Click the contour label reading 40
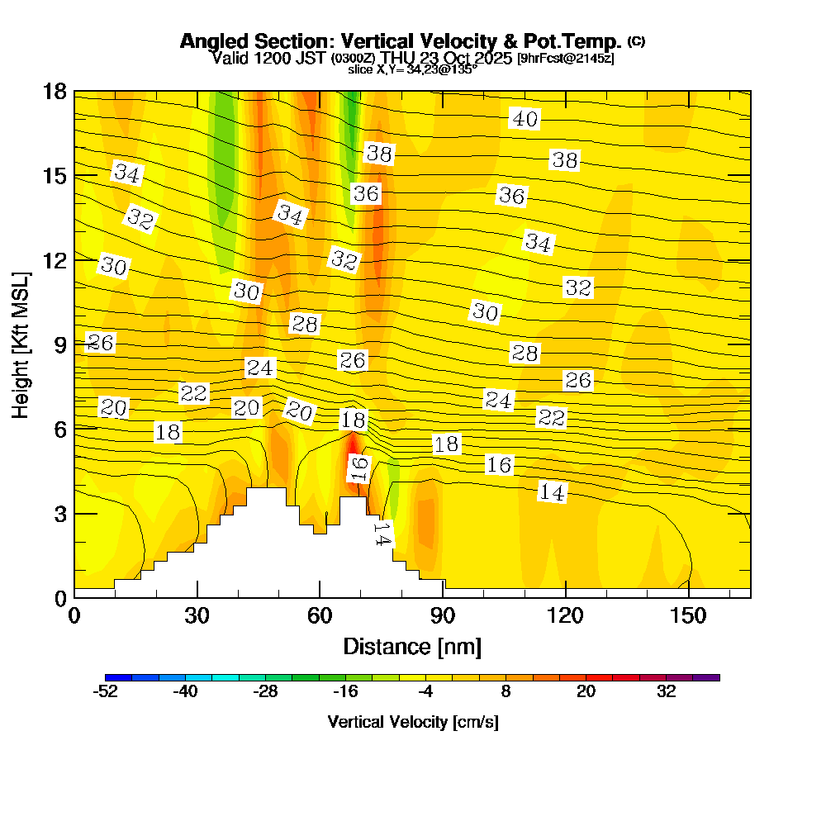point(525,119)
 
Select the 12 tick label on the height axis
point(54,260)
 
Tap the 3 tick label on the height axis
point(59,514)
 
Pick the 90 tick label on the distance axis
point(443,615)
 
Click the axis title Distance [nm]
point(412,646)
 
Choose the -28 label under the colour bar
point(265,692)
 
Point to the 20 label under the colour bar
point(586,692)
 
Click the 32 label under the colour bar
point(667,692)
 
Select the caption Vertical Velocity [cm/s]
point(413,722)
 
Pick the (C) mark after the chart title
point(637,40)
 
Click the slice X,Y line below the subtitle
point(412,70)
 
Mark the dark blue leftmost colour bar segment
point(112,677)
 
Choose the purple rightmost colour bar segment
point(713,677)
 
